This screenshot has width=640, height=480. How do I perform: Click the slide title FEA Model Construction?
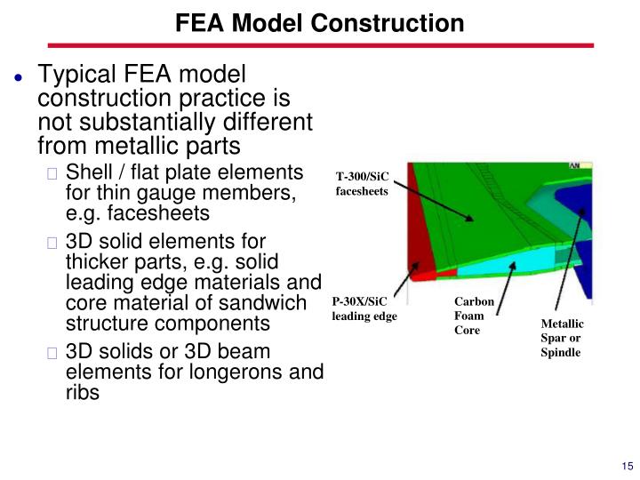click(x=319, y=22)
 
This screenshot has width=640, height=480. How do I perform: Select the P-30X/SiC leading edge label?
click(x=364, y=308)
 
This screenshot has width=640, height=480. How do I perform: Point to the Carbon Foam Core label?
click(x=468, y=316)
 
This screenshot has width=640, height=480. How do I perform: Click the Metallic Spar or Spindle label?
click(x=562, y=338)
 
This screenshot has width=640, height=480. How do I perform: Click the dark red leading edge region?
click(x=420, y=231)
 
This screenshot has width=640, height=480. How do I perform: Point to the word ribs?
click(x=83, y=393)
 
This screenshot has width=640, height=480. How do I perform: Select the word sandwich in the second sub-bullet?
click(x=262, y=304)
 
